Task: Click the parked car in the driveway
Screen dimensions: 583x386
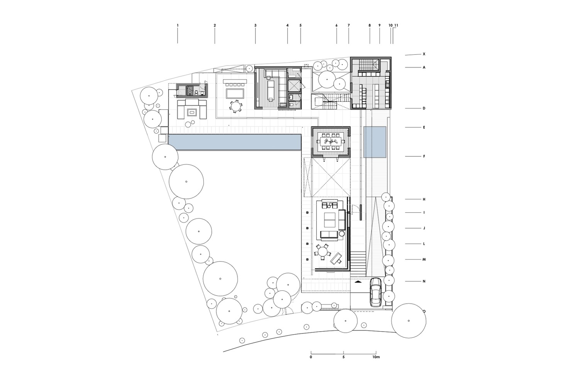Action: [376, 292]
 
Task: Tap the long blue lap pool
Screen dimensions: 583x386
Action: [235, 142]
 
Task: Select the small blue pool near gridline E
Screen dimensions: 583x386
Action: [375, 142]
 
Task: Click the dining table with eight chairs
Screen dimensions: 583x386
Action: [331, 142]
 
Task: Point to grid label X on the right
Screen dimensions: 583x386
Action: [424, 54]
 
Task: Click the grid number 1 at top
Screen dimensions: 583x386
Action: [178, 25]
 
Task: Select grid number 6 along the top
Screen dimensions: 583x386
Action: [336, 25]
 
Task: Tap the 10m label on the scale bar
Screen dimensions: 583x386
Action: [376, 357]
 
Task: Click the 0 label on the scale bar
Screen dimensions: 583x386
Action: [311, 357]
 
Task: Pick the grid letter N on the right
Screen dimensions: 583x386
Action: [424, 281]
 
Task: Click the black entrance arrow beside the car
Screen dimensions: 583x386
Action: [358, 281]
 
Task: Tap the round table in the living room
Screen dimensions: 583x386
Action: [323, 252]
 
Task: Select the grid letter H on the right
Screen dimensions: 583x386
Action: [424, 200]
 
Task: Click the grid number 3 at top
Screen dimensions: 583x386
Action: [255, 25]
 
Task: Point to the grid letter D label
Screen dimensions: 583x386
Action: [424, 108]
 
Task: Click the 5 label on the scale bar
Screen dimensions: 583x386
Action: [343, 357]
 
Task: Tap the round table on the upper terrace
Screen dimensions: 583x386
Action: [236, 106]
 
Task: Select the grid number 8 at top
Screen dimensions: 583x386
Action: [370, 25]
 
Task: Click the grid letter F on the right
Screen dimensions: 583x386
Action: [424, 156]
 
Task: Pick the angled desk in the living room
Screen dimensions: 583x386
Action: [336, 258]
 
